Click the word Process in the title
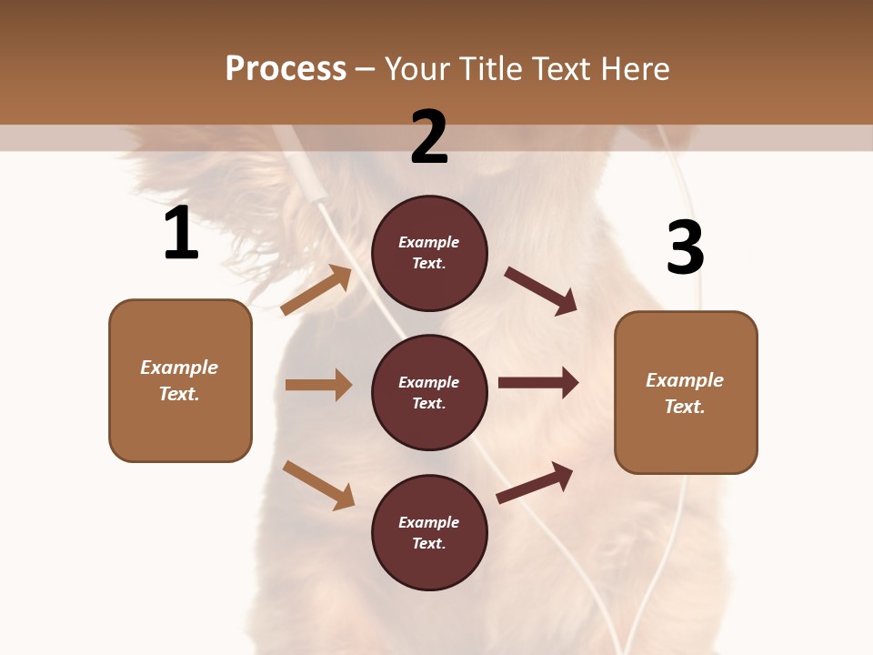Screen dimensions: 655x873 286,69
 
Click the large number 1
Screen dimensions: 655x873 181,233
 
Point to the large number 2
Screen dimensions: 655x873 429,137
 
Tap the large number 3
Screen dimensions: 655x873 686,247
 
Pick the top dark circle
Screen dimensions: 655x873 429,253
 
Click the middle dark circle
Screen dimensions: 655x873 429,392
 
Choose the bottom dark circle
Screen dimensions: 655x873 429,532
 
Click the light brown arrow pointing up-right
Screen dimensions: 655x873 316,289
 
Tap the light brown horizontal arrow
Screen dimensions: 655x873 318,385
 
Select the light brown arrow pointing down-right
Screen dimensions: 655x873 318,484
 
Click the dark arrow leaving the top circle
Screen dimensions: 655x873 541,290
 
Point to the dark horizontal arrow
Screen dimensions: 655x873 538,382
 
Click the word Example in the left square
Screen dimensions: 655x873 179,368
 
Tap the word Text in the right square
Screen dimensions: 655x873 684,407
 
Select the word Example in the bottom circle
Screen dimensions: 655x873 429,522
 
